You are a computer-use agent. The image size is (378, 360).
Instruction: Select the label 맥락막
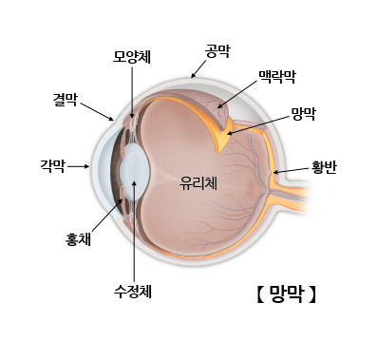[x=277, y=74]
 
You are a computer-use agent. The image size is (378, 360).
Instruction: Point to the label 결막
[x=66, y=98]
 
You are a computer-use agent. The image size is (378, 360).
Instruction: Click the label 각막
[x=52, y=165]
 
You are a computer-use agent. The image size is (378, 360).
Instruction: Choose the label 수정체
[x=132, y=291]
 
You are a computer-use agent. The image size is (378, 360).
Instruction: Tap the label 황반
[x=324, y=168]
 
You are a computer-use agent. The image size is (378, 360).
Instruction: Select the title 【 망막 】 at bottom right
[x=286, y=294]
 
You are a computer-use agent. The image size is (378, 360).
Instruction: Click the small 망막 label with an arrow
[x=303, y=113]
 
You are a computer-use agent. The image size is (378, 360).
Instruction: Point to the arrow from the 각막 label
[x=79, y=165]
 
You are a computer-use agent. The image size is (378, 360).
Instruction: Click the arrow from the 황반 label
[x=291, y=171]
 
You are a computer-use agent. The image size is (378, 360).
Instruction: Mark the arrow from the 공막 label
[x=198, y=66]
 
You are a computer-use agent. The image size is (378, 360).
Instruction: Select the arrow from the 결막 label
[x=99, y=110]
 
